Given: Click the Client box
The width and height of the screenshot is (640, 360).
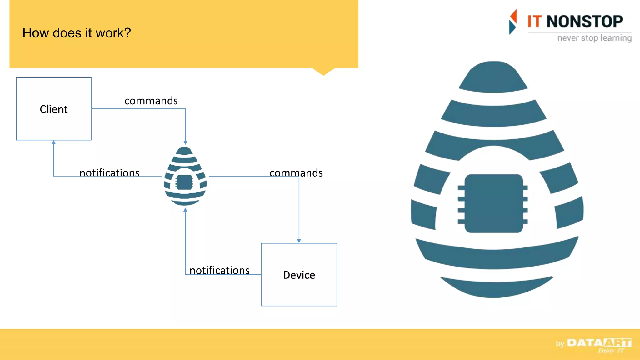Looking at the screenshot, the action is pyautogui.click(x=54, y=109).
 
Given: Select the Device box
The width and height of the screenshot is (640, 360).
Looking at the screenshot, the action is pyautogui.click(x=299, y=275).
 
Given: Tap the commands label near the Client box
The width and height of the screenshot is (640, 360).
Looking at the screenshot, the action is pyautogui.click(x=151, y=101).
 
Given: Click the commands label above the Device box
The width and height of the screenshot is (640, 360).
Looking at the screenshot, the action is pyautogui.click(x=296, y=173).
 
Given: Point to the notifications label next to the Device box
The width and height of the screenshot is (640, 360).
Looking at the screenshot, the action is pyautogui.click(x=219, y=270).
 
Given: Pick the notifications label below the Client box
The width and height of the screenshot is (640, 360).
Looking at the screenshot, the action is pyautogui.click(x=109, y=172).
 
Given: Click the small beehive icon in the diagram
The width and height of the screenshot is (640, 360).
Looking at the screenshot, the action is pyautogui.click(x=185, y=177).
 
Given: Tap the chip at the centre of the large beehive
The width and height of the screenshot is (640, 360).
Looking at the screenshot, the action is pyautogui.click(x=493, y=203).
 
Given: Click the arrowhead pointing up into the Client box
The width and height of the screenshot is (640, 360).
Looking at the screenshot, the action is pyautogui.click(x=54, y=142).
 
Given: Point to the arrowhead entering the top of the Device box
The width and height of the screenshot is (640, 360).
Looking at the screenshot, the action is pyautogui.click(x=299, y=241).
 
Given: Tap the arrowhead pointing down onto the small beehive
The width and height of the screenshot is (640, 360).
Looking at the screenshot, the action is pyautogui.click(x=185, y=142).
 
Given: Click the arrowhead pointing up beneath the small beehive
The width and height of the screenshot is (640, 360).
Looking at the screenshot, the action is pyautogui.click(x=185, y=210).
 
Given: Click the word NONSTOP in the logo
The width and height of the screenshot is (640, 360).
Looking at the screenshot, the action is pyautogui.click(x=584, y=22).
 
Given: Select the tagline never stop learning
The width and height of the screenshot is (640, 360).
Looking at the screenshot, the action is pyautogui.click(x=594, y=38).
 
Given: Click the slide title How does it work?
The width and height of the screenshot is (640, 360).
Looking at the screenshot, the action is pyautogui.click(x=77, y=33).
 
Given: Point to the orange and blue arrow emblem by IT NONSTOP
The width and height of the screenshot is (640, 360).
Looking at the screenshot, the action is pyautogui.click(x=513, y=22).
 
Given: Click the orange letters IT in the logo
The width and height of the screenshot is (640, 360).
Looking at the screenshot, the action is pyautogui.click(x=534, y=22).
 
